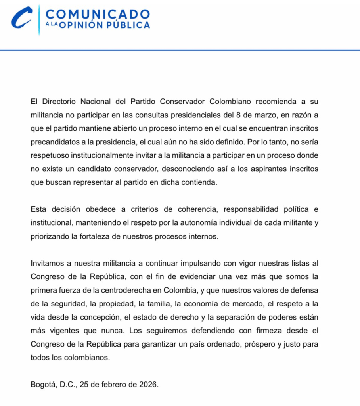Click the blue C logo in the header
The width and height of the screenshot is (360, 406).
[x=21, y=18]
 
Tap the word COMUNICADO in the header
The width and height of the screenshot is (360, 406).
[x=98, y=14]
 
